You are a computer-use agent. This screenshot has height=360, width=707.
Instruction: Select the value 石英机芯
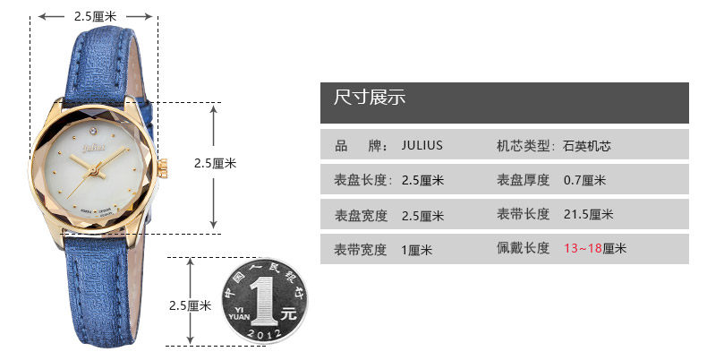(587, 146)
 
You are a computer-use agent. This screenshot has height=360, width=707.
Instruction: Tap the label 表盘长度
(363, 181)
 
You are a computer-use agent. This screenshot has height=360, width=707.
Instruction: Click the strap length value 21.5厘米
(588, 215)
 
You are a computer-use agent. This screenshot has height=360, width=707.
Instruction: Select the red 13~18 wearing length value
(583, 248)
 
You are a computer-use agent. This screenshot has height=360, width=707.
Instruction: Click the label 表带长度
(523, 215)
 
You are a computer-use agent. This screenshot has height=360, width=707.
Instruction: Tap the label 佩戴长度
(523, 248)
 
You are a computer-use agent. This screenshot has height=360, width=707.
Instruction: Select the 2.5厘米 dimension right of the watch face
(215, 164)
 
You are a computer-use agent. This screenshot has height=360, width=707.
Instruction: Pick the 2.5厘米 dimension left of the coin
(190, 305)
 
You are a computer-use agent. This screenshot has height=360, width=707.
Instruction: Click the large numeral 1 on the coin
(263, 301)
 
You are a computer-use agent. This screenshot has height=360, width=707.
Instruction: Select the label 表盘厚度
(523, 181)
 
